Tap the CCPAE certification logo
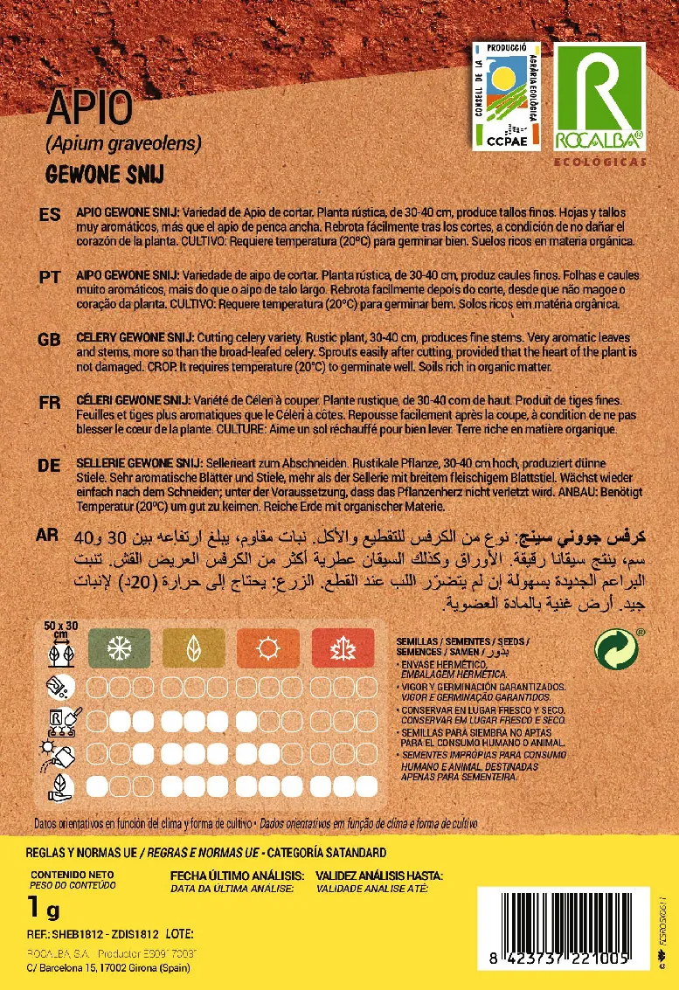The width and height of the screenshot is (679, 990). pos(506,95)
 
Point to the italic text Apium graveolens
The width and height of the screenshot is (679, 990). pos(123,142)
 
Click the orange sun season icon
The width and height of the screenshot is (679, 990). pos(263,647)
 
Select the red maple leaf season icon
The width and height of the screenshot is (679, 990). pos(337,647)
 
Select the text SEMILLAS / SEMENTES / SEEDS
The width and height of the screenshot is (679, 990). pos(461,640)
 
